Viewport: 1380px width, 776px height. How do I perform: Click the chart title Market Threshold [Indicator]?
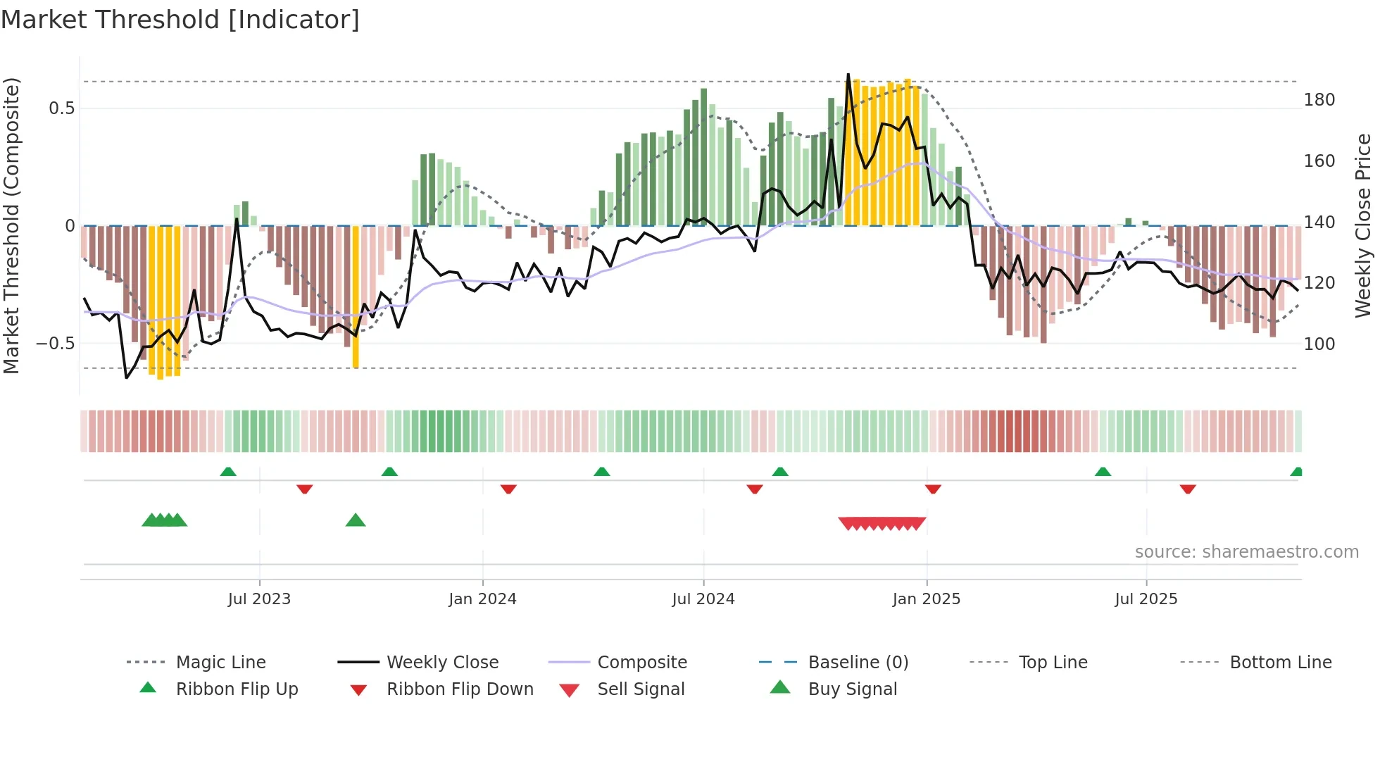click(x=180, y=20)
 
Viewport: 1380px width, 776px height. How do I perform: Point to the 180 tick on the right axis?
click(x=1319, y=100)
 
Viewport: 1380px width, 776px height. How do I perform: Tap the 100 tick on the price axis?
click(x=1319, y=344)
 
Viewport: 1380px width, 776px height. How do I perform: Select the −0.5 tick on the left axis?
click(x=56, y=344)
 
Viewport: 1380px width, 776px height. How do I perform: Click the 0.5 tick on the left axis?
click(x=61, y=108)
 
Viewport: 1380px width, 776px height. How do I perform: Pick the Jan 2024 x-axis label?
click(x=482, y=599)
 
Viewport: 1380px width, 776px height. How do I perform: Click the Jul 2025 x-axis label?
click(x=1146, y=599)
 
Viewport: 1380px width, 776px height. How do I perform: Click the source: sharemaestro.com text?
click(x=1246, y=552)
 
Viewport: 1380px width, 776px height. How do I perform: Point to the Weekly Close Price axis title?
click(x=1363, y=225)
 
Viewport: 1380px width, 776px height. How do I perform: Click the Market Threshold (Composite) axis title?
click(x=11, y=225)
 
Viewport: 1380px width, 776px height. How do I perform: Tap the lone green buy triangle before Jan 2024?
click(x=356, y=520)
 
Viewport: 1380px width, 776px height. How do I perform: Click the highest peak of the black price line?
click(x=848, y=75)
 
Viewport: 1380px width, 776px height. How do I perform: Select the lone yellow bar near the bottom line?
click(x=356, y=296)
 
